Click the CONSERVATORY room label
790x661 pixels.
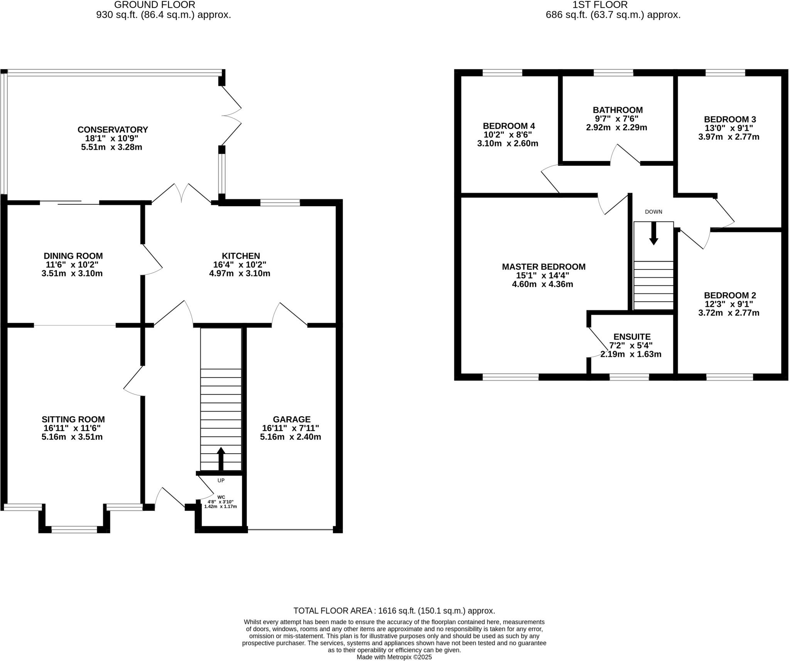113,130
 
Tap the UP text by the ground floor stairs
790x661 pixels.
221,480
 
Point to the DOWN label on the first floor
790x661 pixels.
653,212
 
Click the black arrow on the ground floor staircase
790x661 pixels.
221,458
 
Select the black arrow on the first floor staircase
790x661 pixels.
653,233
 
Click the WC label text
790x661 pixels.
221,497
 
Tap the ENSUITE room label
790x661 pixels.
632,337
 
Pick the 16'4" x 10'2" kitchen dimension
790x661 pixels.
240,265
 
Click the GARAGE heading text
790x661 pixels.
291,419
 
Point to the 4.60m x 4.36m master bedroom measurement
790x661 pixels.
542,285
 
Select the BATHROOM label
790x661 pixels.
618,110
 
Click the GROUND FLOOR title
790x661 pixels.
155,5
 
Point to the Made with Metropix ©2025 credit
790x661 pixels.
394,657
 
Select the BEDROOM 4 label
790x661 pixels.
509,126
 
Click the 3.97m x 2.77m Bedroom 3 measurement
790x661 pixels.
729,137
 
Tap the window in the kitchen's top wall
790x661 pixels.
280,203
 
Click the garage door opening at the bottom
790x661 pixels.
290,529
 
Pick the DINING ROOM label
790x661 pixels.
73,256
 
